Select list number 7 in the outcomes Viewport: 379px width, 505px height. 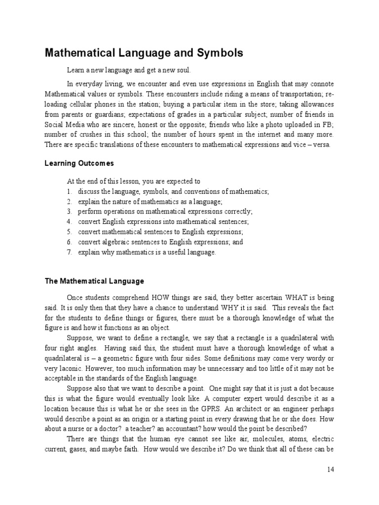[x=70, y=252]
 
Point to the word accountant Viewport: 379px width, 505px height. [x=209, y=428]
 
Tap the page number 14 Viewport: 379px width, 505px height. [x=330, y=469]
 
